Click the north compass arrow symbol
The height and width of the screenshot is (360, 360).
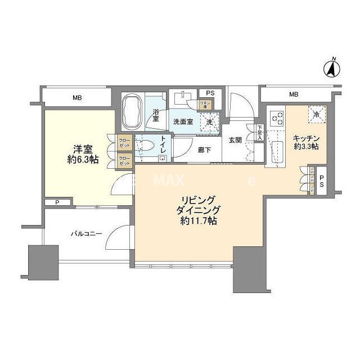coord(332,68)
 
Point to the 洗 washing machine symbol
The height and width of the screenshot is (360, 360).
coord(209,121)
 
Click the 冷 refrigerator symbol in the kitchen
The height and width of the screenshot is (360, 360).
coord(316,114)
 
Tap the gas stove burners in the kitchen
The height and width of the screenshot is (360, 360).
coord(276,119)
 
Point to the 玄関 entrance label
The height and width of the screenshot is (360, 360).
coord(235,140)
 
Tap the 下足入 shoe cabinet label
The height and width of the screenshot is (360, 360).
coord(260,133)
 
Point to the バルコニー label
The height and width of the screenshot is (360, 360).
coord(86,233)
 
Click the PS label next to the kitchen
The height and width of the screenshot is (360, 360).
coord(321,182)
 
